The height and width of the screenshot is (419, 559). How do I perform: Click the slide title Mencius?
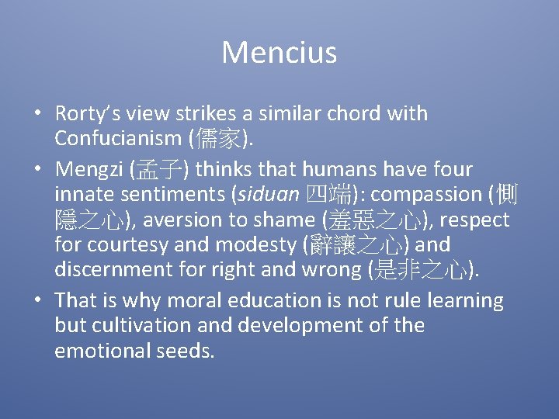tap(279, 53)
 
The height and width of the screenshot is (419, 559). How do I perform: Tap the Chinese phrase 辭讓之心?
tap(353, 245)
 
